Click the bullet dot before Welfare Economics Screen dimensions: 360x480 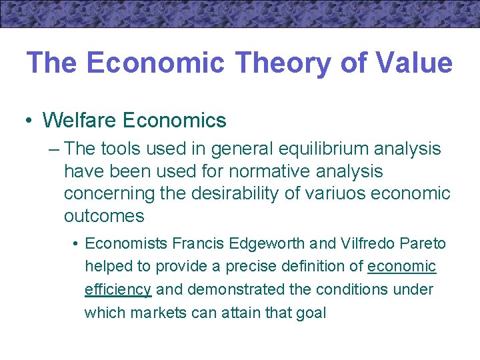point(29,121)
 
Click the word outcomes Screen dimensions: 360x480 point(103,216)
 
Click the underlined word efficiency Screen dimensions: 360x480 point(118,290)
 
